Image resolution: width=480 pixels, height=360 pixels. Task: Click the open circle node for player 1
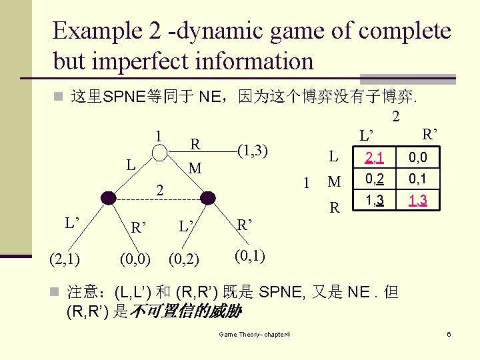coord(159,153)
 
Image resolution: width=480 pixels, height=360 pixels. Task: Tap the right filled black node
coord(209,197)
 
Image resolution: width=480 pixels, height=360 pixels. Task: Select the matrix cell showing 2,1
coord(372,158)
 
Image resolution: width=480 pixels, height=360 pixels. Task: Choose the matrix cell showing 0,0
coord(417,158)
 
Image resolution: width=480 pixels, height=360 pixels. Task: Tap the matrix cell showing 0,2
coord(372,179)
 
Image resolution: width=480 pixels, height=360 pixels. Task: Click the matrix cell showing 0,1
coord(417,179)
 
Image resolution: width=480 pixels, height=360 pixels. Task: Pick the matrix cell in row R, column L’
coord(372,200)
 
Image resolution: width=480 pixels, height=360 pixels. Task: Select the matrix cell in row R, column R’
coord(417,200)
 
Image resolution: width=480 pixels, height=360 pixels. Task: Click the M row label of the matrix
coord(334,182)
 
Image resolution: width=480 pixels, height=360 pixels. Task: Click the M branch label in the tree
coord(195,168)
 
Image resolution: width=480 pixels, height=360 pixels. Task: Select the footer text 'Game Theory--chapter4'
coord(258,333)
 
